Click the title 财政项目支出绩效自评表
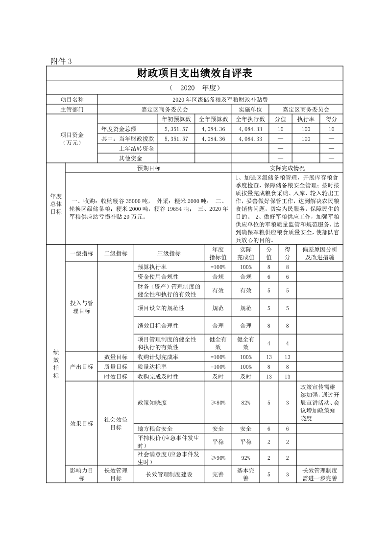pos(194,73)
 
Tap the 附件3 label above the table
pos(61,61)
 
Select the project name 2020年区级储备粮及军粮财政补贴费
pos(219,100)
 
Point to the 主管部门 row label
pos(72,110)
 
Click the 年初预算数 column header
pos(176,119)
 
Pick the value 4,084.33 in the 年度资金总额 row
pos(250,129)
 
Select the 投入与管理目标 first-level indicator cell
pos(81,307)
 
